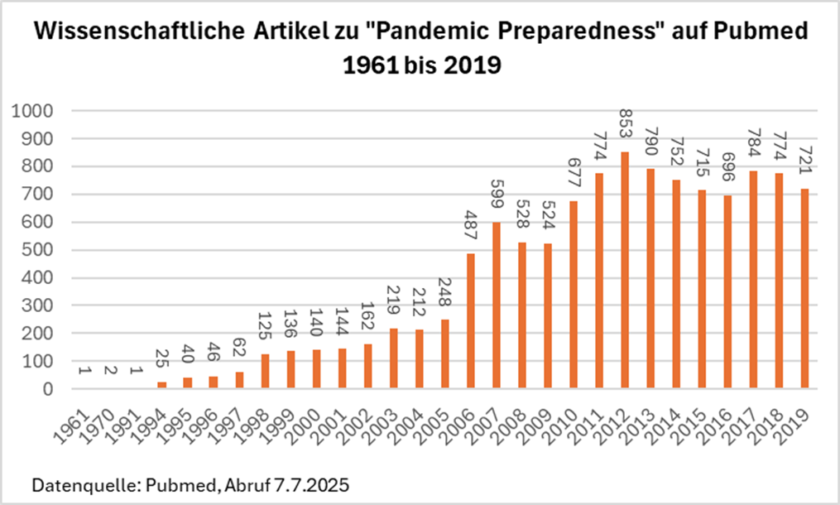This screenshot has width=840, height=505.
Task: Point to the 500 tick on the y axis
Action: pyautogui.click(x=38, y=250)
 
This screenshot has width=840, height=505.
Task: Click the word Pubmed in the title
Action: pyautogui.click(x=755, y=32)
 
